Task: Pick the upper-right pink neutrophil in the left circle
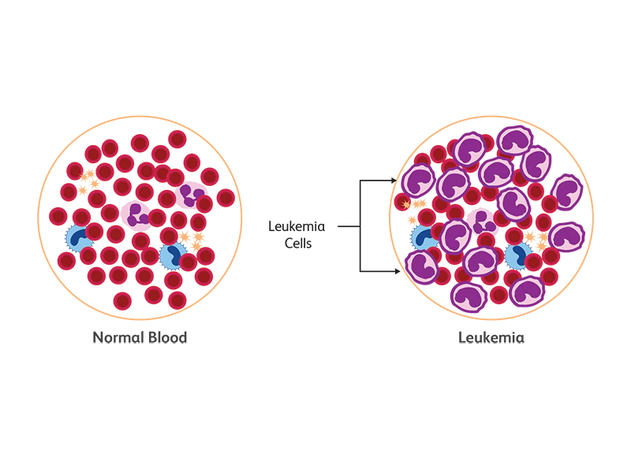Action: (x=192, y=193)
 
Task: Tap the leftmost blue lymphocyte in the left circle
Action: (x=77, y=236)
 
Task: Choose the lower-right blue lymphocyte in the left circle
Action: (x=172, y=255)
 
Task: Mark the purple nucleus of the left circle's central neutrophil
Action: (x=137, y=212)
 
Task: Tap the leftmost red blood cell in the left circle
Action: (x=58, y=216)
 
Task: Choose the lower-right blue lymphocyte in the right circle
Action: (x=517, y=253)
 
